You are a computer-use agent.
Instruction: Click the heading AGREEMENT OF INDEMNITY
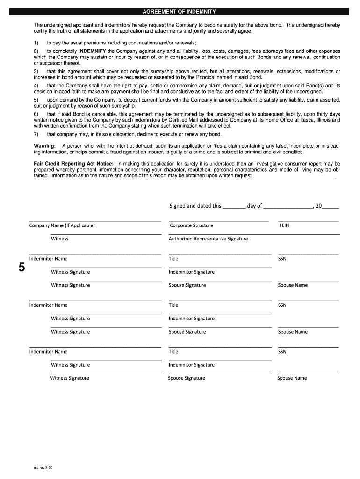point(180,11)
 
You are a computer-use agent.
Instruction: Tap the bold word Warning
point(44,146)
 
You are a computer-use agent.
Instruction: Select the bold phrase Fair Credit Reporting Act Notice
point(73,164)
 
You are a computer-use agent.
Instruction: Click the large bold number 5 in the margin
point(21,268)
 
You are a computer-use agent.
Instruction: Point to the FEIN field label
point(284,225)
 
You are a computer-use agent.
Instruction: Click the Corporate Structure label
point(191,225)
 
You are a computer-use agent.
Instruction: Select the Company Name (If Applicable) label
point(62,225)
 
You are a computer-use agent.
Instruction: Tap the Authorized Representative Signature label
point(208,239)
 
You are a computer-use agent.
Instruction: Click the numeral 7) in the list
point(36,134)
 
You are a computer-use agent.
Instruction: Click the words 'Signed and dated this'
point(195,206)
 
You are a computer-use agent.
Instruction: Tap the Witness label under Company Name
point(59,239)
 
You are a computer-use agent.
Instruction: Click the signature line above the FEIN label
point(308,221)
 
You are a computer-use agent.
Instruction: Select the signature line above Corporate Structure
point(219,221)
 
